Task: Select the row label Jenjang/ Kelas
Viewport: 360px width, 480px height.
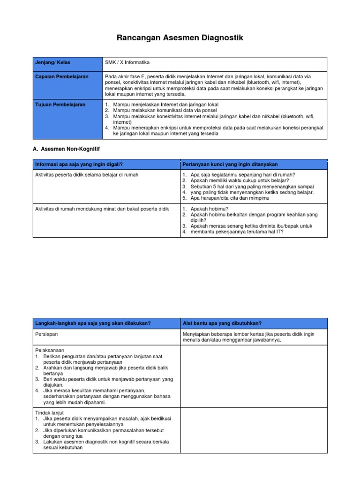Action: [52, 63]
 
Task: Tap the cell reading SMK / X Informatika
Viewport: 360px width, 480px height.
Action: [127, 63]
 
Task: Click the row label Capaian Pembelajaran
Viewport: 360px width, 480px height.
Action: [62, 76]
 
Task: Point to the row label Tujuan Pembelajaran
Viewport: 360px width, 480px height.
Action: [60, 105]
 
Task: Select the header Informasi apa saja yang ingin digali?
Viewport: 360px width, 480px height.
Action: [82, 164]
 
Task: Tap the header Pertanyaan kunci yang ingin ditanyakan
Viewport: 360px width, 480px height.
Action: [230, 164]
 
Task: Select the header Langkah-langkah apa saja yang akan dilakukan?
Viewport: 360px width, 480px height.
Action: [93, 323]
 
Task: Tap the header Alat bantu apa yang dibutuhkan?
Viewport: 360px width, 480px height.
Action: [222, 323]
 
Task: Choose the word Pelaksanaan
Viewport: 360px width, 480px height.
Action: [50, 350]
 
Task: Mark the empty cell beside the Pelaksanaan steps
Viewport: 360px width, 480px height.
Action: [254, 377]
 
